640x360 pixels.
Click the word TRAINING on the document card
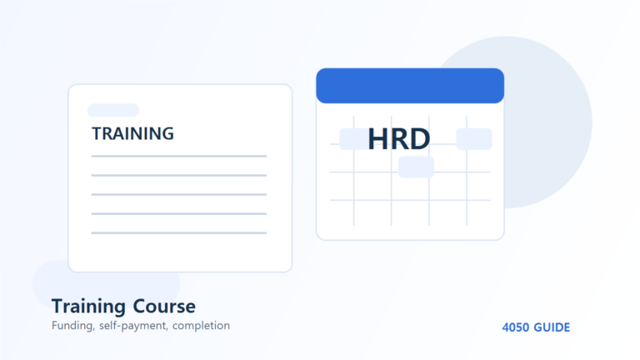pos(132,134)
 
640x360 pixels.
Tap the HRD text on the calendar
pos(399,139)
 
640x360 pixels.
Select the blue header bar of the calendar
pos(410,86)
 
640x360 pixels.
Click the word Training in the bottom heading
pos(88,307)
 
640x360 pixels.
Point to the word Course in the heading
pos(164,307)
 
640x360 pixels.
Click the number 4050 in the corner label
pos(516,327)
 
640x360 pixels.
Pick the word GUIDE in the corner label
pos(552,327)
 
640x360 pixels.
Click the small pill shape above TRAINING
pos(113,110)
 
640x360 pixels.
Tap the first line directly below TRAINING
pos(179,156)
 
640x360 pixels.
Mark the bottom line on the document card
pos(179,232)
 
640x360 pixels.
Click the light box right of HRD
pos(474,139)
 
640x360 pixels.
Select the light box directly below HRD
pos(416,167)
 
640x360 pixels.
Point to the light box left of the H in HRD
pos(353,139)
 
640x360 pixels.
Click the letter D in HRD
pos(418,139)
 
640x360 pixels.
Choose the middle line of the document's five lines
pos(179,194)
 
